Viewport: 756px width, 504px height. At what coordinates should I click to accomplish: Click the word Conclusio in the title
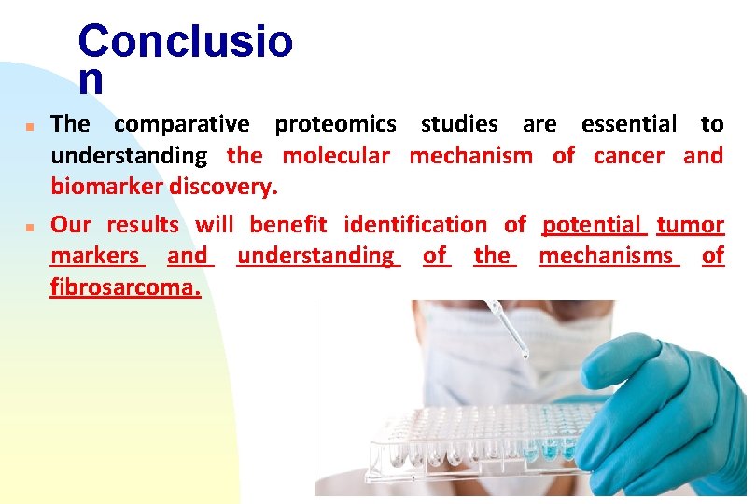point(185,41)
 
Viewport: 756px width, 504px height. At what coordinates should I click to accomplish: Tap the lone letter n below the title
point(91,81)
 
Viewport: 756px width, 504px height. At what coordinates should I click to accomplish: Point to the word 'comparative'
point(181,124)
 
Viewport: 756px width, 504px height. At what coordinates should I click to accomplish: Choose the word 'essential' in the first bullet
point(628,124)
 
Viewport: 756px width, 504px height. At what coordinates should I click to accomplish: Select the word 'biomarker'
point(106,187)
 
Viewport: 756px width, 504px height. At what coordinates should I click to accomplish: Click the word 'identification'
point(414,225)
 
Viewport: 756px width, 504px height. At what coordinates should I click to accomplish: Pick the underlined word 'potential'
point(593,225)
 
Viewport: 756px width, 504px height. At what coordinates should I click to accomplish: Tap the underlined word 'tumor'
point(690,225)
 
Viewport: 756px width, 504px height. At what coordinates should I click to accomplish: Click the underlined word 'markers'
point(95,256)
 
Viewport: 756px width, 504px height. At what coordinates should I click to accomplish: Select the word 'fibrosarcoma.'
point(125,287)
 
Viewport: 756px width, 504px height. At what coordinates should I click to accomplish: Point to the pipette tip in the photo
point(524,354)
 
